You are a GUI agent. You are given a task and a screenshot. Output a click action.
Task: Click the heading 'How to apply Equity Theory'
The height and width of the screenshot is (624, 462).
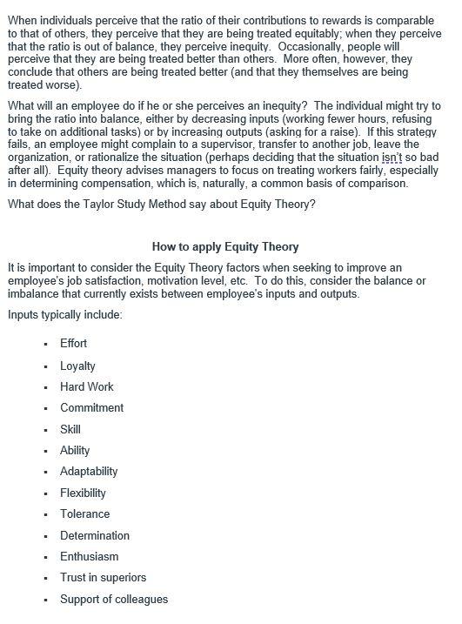pyautogui.click(x=225, y=247)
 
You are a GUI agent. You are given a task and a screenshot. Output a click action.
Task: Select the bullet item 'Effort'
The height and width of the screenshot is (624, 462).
pyautogui.click(x=73, y=344)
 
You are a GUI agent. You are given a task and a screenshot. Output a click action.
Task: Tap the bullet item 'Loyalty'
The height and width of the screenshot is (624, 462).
pyautogui.click(x=77, y=366)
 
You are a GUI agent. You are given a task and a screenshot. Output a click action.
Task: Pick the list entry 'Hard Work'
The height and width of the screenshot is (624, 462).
pyautogui.click(x=86, y=386)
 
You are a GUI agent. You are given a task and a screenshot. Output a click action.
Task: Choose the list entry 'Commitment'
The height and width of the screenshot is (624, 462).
pyautogui.click(x=91, y=407)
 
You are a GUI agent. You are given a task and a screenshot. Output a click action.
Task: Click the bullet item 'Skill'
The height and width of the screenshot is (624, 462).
pyautogui.click(x=70, y=429)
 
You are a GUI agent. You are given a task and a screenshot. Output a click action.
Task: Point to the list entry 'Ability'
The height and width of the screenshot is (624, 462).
pyautogui.click(x=74, y=450)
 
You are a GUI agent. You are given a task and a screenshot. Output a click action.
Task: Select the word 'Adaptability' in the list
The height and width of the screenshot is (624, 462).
pyautogui.click(x=89, y=472)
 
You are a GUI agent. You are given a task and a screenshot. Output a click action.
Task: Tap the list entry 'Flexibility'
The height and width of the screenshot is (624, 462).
pyautogui.click(x=83, y=493)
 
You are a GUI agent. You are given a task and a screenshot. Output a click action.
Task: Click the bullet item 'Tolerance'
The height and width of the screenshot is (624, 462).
pyautogui.click(x=84, y=514)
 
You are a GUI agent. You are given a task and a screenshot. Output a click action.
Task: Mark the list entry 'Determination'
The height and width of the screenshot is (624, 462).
pyautogui.click(x=94, y=535)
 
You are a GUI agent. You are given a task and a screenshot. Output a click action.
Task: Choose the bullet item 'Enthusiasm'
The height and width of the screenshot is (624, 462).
pyautogui.click(x=89, y=556)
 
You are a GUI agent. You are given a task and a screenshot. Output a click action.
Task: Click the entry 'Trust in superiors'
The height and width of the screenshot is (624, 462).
pyautogui.click(x=103, y=578)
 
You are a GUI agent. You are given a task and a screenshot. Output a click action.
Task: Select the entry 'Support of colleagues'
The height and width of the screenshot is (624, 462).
pyautogui.click(x=114, y=599)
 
